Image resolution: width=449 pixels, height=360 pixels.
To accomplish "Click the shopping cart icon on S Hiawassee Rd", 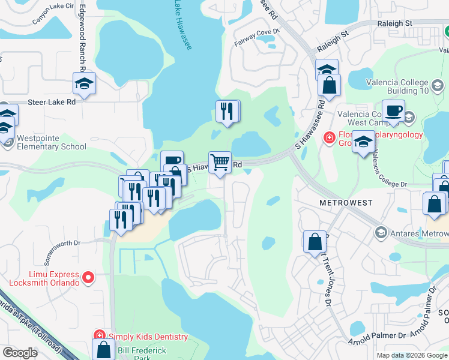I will coord(220,162).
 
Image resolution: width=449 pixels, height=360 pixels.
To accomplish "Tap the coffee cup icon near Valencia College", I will coord(394,111).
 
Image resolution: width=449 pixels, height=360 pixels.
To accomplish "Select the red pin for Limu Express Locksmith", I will coord(88,277).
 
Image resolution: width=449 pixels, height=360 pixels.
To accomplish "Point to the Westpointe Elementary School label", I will coord(52,142).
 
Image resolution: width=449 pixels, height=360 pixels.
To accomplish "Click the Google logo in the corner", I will coord(20,352).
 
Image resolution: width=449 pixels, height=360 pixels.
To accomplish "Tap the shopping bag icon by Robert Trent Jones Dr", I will coord(315,242).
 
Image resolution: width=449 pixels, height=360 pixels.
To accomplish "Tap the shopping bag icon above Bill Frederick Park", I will coord(103,349).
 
